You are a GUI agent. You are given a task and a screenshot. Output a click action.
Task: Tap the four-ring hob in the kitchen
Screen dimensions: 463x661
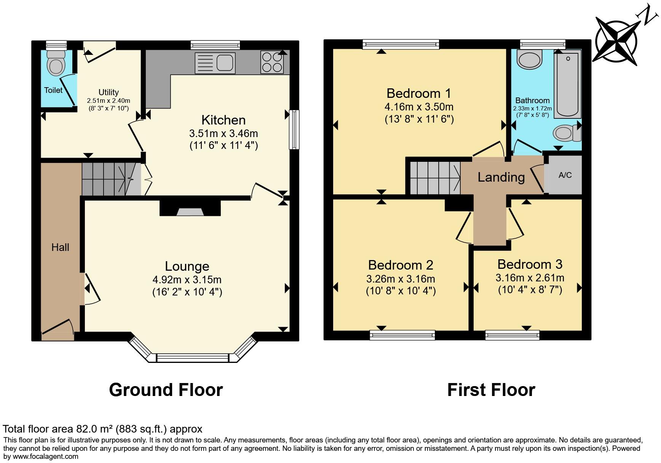[x=272, y=62]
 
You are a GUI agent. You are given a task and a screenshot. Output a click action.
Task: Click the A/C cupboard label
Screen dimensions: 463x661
[x=565, y=175]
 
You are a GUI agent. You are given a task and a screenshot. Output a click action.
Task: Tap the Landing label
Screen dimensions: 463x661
[x=501, y=177]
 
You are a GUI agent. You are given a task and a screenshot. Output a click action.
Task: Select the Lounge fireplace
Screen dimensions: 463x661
[x=190, y=209]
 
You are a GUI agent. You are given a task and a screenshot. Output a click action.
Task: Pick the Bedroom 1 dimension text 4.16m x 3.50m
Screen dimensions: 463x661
[x=419, y=107]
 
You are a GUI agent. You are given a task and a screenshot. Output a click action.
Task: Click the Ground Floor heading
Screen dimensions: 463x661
[x=166, y=390]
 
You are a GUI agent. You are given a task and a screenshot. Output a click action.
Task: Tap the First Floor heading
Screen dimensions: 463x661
[x=491, y=390]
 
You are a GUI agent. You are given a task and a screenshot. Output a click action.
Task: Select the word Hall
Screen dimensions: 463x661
[x=60, y=247]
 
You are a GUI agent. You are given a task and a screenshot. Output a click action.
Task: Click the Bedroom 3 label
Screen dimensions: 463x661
[x=530, y=264]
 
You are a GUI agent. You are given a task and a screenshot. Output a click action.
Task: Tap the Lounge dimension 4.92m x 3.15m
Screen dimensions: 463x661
[x=187, y=280]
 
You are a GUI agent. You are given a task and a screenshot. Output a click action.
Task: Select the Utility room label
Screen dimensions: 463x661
[x=109, y=92]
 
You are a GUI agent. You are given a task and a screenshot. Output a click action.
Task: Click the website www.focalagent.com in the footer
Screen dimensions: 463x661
[x=46, y=457]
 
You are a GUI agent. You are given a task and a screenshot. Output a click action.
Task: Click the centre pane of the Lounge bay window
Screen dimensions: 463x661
[x=192, y=358]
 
